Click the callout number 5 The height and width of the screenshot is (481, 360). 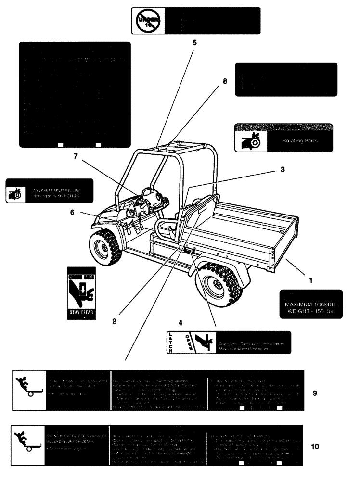194,42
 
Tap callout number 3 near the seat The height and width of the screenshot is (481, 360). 283,170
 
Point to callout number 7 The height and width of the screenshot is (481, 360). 75,156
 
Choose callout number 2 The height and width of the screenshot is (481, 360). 114,322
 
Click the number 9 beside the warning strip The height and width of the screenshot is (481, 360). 314,393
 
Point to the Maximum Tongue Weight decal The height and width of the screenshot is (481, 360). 310,304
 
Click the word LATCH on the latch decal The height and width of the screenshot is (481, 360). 170,342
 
